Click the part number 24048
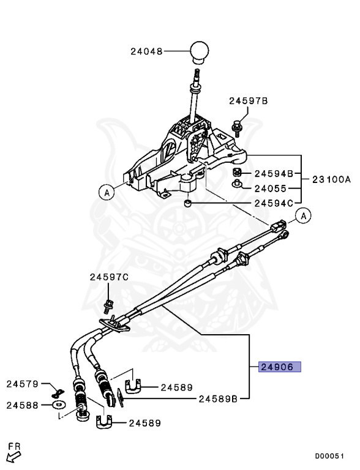click(x=146, y=52)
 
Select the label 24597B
click(x=249, y=101)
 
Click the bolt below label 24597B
click(x=236, y=127)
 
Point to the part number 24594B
click(x=274, y=173)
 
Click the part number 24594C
click(x=274, y=203)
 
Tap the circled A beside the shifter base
click(x=106, y=192)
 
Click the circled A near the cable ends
click(x=304, y=215)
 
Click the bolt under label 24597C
click(x=109, y=304)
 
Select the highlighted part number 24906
click(x=280, y=367)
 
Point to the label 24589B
click(x=219, y=398)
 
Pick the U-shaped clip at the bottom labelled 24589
click(x=106, y=422)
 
